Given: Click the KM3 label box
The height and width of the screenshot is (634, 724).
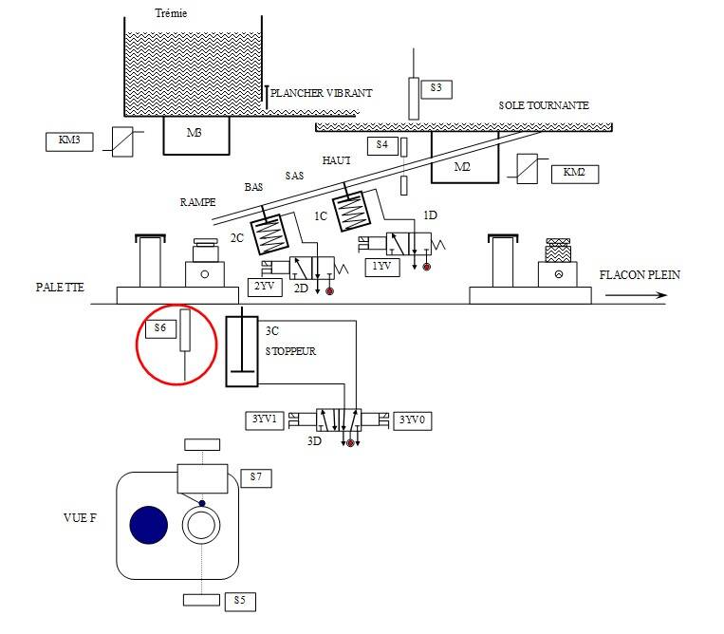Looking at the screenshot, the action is point(69,141).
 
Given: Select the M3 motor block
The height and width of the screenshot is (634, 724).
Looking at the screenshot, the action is point(196,135).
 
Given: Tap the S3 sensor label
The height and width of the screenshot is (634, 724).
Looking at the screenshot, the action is point(436,89).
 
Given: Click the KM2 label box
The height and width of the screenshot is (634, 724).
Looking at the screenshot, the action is point(575,174).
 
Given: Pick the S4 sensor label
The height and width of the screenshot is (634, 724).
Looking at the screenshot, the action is point(382,146).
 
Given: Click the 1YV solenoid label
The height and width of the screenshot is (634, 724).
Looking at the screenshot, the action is point(382,268).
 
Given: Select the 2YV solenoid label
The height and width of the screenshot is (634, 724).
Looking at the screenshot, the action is point(265,288).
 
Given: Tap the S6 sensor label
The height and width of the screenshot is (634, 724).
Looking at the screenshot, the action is point(160,329).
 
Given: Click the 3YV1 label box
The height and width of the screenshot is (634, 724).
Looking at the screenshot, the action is point(265,420).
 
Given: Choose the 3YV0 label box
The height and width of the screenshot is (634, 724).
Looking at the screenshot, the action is point(413,420).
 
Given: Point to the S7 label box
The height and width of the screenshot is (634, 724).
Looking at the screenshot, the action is point(256,478).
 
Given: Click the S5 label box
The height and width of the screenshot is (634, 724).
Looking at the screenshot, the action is point(240,602).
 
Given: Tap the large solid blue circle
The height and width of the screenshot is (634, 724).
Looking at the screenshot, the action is point(149,525).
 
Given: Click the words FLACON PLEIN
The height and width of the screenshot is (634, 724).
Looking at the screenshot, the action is point(640,275).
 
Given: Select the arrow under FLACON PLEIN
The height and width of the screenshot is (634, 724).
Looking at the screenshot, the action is point(637,295).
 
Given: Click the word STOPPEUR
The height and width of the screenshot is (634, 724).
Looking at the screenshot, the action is point(291,351).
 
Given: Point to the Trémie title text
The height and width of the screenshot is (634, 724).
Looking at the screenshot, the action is point(172,13).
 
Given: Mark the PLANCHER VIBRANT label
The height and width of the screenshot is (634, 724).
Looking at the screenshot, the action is point(322,93).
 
